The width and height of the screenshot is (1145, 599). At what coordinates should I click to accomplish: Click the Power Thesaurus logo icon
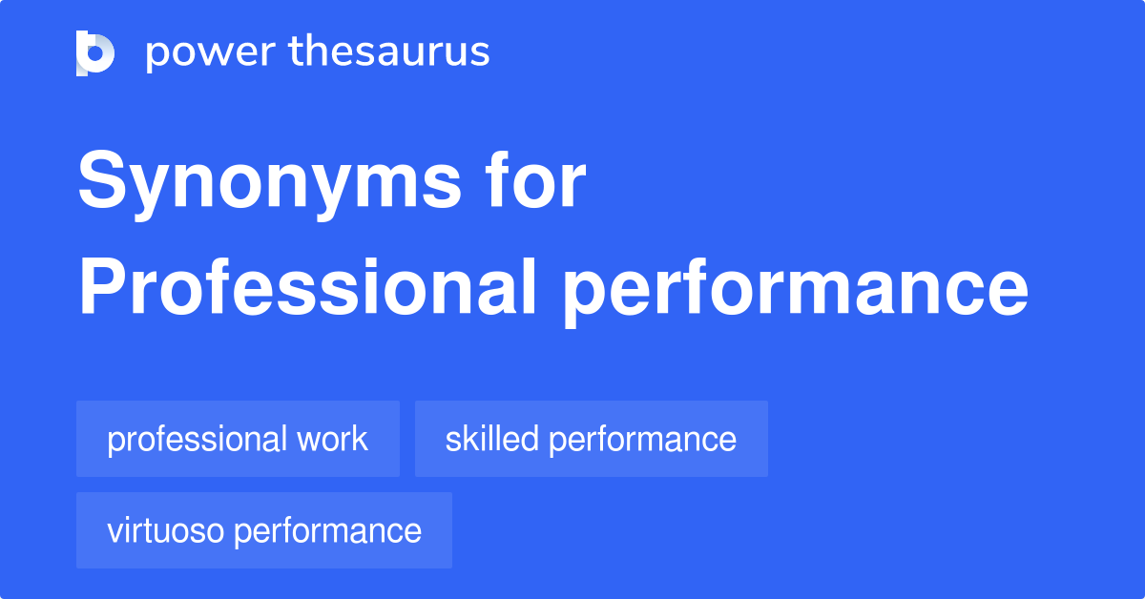(x=95, y=52)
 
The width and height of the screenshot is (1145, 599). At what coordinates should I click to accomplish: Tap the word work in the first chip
(x=331, y=439)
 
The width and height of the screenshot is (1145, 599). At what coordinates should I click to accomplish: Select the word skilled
(x=492, y=439)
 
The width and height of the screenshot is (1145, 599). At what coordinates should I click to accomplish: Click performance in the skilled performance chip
(x=643, y=440)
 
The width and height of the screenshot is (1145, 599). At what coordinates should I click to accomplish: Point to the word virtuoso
(x=166, y=530)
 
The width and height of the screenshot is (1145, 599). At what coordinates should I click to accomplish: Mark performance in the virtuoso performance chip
(x=328, y=531)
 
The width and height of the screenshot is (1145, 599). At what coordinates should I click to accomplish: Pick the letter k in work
(x=359, y=439)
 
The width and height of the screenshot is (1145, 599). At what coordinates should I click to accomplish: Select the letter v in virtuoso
(x=114, y=531)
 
